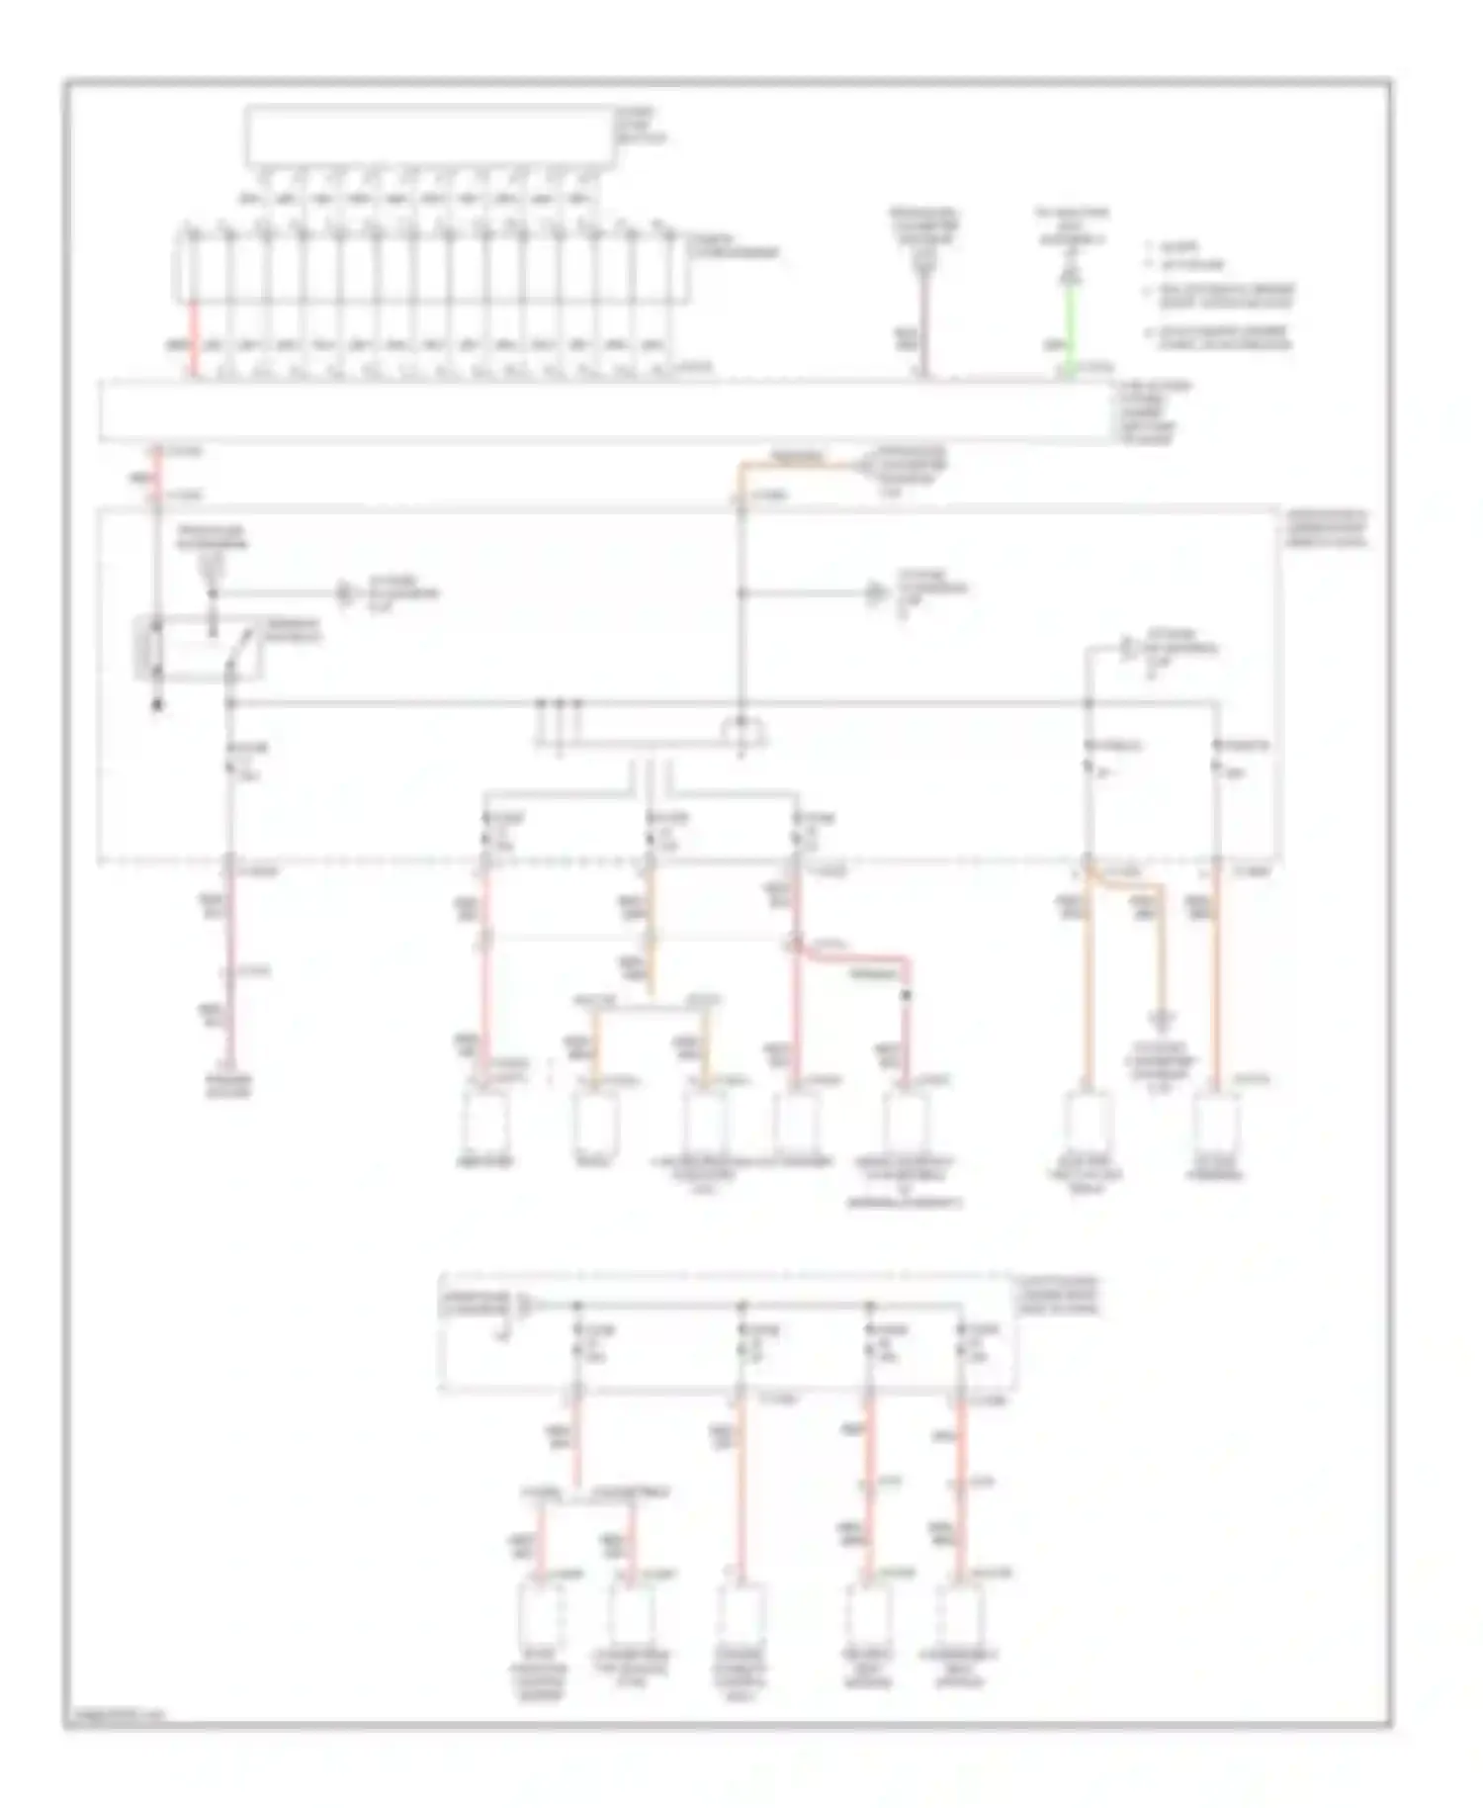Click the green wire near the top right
1069,326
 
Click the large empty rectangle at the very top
429,135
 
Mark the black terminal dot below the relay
155,706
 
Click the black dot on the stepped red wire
904,995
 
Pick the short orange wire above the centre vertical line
791,463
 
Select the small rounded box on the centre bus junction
742,732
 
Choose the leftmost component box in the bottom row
539,1613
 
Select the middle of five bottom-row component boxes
738,1613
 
